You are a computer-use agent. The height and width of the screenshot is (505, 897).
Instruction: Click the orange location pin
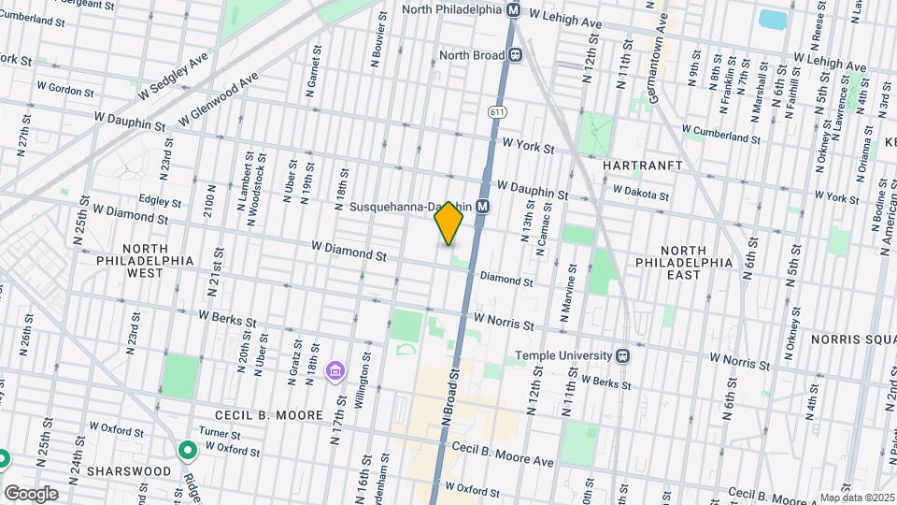click(x=449, y=223)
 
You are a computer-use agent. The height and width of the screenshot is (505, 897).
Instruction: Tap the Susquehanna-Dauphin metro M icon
click(x=483, y=207)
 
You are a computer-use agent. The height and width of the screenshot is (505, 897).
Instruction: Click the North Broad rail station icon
click(x=515, y=55)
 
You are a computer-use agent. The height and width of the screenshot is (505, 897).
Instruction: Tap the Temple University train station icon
click(x=621, y=355)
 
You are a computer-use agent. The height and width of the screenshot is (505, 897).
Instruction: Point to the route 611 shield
click(x=491, y=111)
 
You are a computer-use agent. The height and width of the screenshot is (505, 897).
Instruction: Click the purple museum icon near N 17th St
click(x=335, y=372)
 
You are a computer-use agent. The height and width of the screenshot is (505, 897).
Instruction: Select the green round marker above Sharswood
click(x=188, y=452)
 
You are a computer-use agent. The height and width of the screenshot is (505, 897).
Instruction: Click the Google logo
click(x=30, y=494)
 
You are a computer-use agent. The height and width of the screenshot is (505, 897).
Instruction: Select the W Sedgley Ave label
click(x=172, y=79)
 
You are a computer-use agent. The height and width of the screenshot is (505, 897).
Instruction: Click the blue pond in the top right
click(x=772, y=19)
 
